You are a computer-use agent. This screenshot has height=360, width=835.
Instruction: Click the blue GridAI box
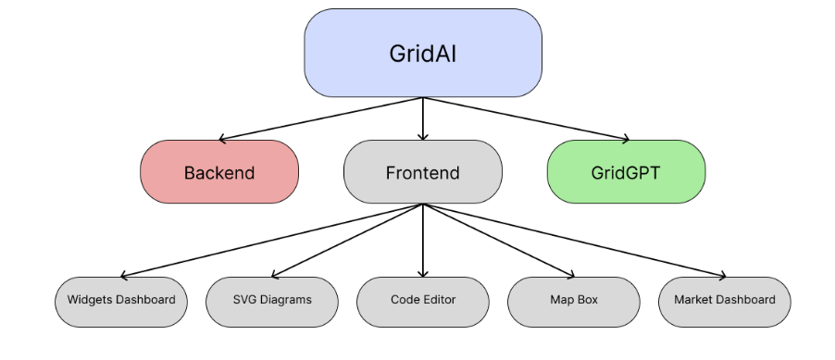423,53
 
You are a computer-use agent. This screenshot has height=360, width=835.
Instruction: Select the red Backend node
219,171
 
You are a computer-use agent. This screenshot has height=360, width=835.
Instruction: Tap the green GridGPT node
626,171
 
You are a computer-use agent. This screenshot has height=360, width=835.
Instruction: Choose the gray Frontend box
423,171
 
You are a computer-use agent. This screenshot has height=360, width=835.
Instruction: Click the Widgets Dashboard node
121,302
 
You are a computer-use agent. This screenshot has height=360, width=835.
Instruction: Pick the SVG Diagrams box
272,302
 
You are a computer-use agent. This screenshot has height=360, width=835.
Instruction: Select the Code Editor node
423,302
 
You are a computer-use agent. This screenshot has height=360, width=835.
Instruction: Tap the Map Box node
574,302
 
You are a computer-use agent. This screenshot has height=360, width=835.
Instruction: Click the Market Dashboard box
725,302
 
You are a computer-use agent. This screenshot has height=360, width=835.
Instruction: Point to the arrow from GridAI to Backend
321,118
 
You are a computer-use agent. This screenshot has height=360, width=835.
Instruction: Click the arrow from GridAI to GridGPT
526,118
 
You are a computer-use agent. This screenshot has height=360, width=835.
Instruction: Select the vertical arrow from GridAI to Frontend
423,118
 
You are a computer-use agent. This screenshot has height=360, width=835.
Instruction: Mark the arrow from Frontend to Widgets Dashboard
272,241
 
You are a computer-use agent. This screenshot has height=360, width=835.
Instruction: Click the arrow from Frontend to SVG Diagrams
347,241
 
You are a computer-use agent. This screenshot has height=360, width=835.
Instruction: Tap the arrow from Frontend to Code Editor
423,241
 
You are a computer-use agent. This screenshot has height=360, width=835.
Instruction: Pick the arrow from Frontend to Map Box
498,241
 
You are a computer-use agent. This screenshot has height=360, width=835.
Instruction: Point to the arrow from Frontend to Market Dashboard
574,241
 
